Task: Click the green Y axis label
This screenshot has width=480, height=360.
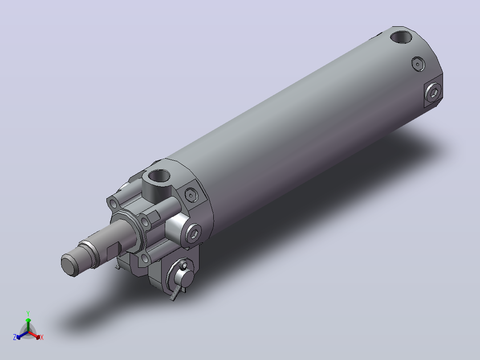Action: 28,313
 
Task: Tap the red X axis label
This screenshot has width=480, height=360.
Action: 42,337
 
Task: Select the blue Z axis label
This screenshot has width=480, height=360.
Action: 14,337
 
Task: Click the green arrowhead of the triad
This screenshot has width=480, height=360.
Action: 28,320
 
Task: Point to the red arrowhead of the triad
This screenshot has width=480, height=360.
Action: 38,337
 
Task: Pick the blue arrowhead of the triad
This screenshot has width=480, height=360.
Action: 18,337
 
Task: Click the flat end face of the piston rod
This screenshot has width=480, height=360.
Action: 69,266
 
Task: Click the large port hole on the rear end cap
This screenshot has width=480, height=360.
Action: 401,37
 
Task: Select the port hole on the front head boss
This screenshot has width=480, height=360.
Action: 159,176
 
